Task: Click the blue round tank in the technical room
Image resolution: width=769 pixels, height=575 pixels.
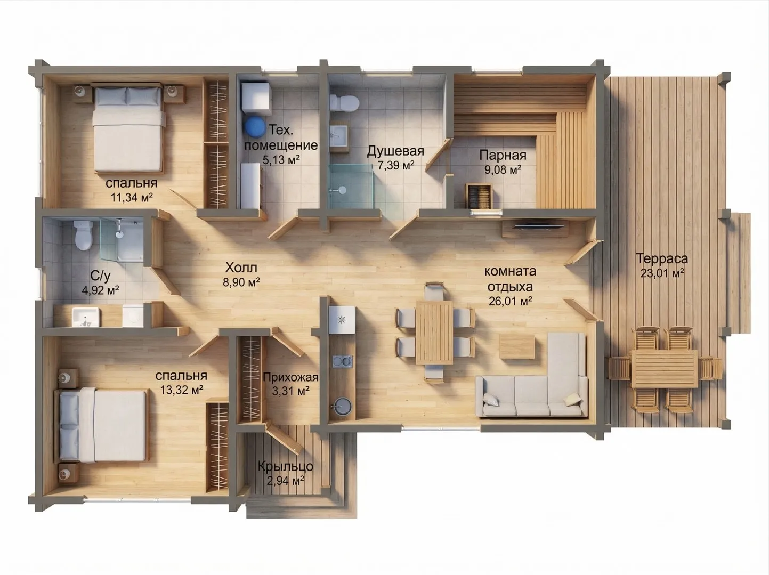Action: [x=255, y=127]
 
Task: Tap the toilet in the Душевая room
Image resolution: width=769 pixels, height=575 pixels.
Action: [x=345, y=103]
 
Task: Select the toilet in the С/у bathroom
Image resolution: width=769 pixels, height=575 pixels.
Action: [x=84, y=235]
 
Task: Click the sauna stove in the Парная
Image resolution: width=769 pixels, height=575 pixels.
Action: [x=479, y=196]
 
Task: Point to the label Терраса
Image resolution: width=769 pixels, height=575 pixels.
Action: [x=662, y=259]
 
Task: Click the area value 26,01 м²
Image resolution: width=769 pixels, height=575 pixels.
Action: [x=511, y=301]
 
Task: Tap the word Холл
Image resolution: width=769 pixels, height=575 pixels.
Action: [x=241, y=268]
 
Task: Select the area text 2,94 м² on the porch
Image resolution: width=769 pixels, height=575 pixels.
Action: [x=286, y=481]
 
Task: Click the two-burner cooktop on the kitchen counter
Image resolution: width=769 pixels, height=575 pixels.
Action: [x=342, y=361]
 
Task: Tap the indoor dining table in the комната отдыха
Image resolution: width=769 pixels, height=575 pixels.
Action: [x=434, y=333]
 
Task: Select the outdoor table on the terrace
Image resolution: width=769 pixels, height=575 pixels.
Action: [x=664, y=369]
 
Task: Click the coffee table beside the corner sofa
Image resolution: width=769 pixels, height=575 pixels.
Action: [x=517, y=346]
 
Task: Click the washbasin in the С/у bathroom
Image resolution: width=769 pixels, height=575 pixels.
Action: [x=85, y=317]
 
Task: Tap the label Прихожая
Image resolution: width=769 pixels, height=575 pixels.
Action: [x=290, y=377]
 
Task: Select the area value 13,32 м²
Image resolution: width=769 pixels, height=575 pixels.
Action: [x=182, y=390]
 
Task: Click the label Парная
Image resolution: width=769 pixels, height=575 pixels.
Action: [x=503, y=155]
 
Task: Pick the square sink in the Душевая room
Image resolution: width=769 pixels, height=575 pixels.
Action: [x=338, y=135]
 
